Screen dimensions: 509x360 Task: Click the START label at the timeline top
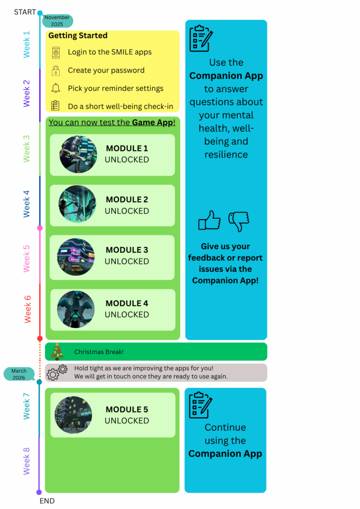25,12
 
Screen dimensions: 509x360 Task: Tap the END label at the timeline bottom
47,501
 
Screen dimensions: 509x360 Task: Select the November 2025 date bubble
57,20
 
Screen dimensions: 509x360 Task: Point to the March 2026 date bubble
19,374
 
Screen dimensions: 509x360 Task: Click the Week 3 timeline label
26,148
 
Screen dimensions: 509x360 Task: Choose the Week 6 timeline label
27,309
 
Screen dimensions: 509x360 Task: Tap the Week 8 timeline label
26,461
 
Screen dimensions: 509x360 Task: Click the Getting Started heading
78,36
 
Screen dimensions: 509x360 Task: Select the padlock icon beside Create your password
56,71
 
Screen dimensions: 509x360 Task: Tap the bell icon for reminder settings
56,88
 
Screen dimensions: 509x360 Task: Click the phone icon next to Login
56,52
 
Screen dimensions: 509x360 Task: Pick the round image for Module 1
78,154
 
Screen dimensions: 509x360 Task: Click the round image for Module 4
76,309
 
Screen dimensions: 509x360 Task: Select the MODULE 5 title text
127,410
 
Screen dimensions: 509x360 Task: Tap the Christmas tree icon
57,351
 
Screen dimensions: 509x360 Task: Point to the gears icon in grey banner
57,372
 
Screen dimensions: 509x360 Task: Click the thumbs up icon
209,220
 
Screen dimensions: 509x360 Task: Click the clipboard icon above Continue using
201,405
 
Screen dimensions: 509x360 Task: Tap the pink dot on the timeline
40,228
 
